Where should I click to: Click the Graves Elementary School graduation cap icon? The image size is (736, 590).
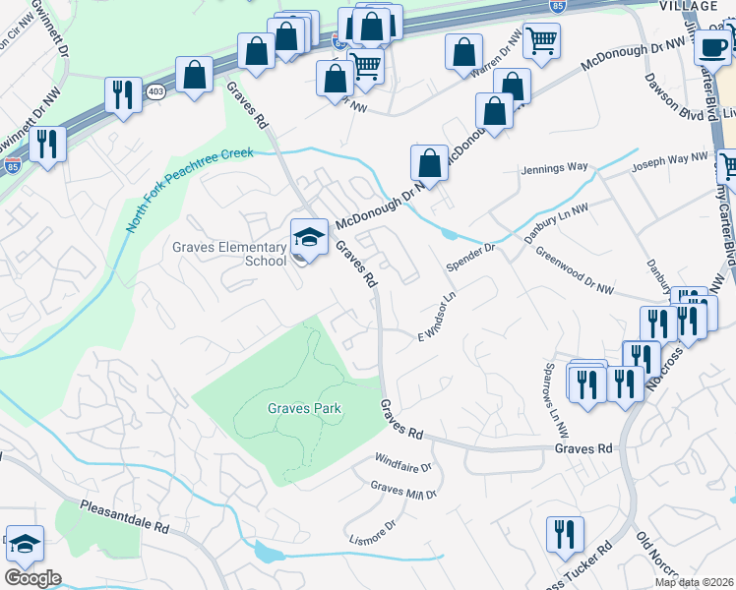click(309, 237)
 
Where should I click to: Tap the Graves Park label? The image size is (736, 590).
click(304, 408)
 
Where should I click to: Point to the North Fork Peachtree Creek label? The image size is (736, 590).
click(189, 190)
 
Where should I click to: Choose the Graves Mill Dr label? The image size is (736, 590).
click(402, 489)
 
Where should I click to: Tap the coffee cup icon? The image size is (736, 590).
click(712, 45)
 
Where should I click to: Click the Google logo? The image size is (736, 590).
click(32, 578)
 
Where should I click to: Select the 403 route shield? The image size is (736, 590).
click(154, 90)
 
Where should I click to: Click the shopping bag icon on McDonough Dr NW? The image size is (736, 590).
click(429, 162)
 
